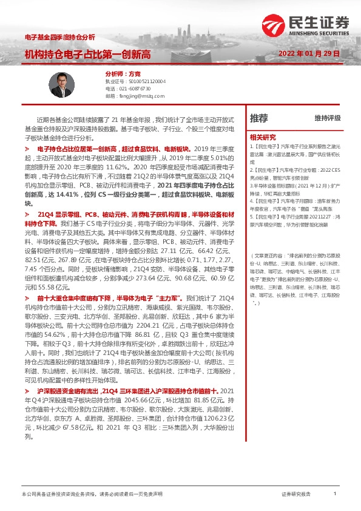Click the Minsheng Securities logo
(x=309, y=24)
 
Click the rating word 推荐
(x=258, y=118)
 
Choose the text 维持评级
(x=328, y=118)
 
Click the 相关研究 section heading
(x=263, y=137)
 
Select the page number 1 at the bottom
(x=335, y=495)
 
